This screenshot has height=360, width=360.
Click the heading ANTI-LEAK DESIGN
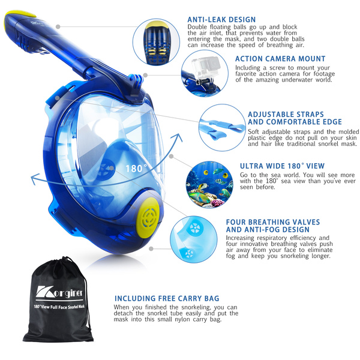tap(221, 20)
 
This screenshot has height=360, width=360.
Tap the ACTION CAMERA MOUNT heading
tap(280, 59)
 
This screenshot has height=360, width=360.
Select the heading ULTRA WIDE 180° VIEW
tap(282, 166)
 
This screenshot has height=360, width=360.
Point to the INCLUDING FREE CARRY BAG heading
tap(167, 298)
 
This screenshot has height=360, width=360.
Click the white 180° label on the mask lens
tap(136, 169)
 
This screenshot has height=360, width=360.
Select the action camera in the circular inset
tap(206, 67)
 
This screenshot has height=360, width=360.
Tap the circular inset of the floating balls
tap(157, 42)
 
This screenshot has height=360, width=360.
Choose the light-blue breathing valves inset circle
tap(194, 239)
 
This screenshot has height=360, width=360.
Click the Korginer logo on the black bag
tap(59, 292)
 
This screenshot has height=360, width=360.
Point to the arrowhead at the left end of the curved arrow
tap(34, 179)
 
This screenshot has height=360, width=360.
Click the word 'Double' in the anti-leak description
tap(197, 27)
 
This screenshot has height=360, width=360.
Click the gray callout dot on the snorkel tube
tap(58, 27)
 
